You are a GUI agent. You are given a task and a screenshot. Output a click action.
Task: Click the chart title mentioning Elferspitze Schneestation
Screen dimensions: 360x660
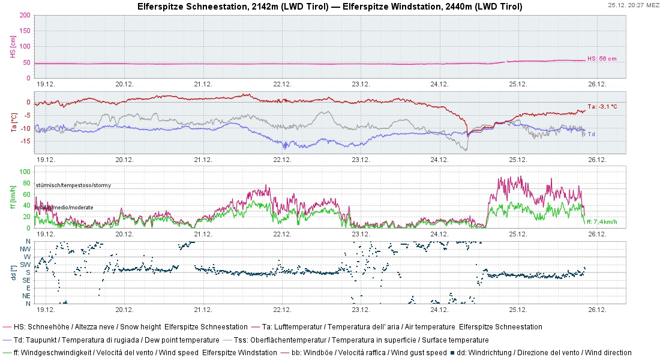pos(329,7)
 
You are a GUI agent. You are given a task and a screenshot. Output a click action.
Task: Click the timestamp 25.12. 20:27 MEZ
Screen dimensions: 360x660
pos(632,5)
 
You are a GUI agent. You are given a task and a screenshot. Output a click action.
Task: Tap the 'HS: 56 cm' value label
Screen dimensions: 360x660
pos(601,59)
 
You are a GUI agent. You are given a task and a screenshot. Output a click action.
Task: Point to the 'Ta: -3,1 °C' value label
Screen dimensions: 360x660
pos(602,106)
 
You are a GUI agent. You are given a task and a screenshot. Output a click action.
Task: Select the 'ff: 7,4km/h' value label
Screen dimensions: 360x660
pos(602,222)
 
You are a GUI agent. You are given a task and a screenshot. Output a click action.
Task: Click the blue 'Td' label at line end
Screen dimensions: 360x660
pos(590,134)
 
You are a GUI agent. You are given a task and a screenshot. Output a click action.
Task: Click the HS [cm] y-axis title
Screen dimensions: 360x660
pos(12,46)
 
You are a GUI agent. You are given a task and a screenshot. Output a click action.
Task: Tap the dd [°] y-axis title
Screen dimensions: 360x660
pos(12,272)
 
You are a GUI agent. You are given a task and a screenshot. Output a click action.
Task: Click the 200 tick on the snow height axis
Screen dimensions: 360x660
pos(25,15)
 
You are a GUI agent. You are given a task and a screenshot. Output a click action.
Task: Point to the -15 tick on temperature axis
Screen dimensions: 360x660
pos(25,141)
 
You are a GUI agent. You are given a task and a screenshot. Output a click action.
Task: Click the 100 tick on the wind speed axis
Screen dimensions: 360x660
pos(25,172)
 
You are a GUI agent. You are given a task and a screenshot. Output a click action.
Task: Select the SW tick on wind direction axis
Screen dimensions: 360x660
pos(26,265)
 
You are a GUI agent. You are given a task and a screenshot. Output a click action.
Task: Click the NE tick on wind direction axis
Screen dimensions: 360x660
pos(26,296)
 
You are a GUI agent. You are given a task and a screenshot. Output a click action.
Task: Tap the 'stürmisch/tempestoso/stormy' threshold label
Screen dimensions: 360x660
pos(73,185)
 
